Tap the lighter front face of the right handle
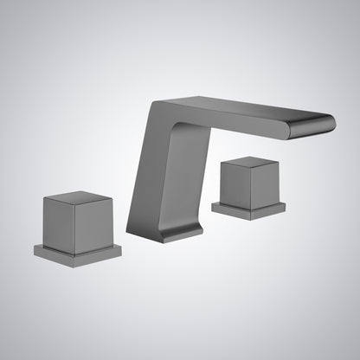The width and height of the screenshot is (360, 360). pyautogui.click(x=237, y=183)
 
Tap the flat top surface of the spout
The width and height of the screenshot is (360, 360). pyautogui.click(x=242, y=107)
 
